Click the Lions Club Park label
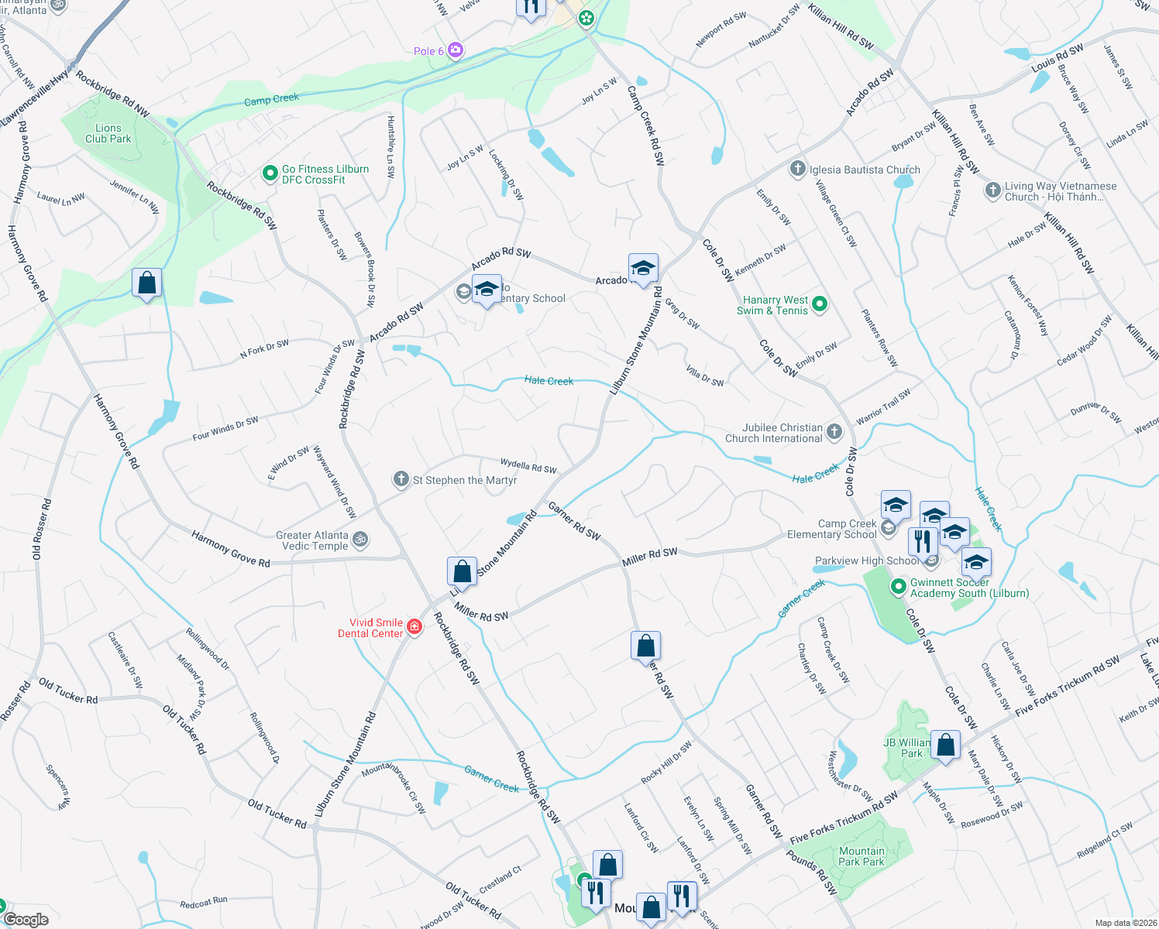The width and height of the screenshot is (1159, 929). point(108,133)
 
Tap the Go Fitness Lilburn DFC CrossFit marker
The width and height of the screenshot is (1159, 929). point(270,174)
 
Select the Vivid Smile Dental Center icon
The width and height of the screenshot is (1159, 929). point(414,627)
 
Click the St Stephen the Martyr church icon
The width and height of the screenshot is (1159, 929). point(401,480)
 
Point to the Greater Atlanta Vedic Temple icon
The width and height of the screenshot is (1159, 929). point(359,540)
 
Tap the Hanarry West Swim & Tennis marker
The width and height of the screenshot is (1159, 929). point(820,305)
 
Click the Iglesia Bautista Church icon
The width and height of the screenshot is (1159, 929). point(798,170)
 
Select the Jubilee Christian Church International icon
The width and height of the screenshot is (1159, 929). point(834,433)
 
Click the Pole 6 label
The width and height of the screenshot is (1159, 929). point(428,51)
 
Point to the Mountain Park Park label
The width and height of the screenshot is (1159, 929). point(862,856)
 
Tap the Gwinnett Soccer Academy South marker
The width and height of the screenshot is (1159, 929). point(898,588)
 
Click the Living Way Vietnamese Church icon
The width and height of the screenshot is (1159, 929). point(992,190)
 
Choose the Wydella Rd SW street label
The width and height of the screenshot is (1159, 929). point(528,465)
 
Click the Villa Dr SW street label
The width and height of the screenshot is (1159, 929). point(705,376)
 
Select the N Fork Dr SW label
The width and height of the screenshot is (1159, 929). point(264,349)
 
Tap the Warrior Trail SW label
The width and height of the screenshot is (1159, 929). point(883,407)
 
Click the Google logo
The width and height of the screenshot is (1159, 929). point(26,919)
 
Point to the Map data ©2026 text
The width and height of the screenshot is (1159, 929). point(1126,923)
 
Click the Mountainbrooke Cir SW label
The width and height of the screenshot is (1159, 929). point(394,788)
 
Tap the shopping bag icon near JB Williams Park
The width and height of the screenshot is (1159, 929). point(946,746)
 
